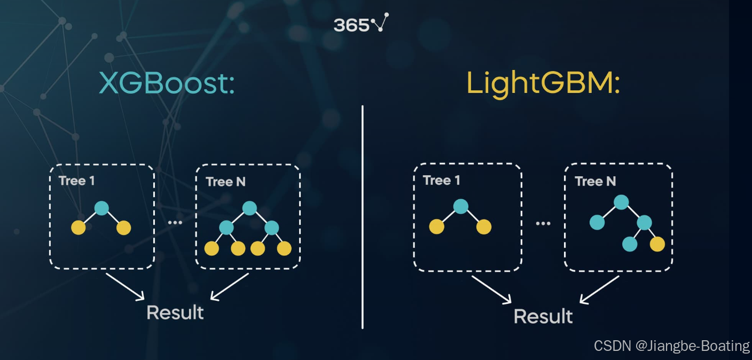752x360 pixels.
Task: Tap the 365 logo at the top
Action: pyautogui.click(x=361, y=24)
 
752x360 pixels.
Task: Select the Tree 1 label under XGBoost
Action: pyautogui.click(x=77, y=181)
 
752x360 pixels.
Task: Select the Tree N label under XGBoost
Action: pyautogui.click(x=225, y=182)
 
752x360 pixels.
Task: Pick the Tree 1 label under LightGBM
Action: pyautogui.click(x=441, y=181)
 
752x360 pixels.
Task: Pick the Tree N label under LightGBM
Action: pyautogui.click(x=595, y=182)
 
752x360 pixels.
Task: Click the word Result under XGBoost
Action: pyautogui.click(x=175, y=312)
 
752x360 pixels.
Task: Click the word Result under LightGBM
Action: pyautogui.click(x=543, y=316)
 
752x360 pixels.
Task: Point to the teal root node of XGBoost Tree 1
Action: pyautogui.click(x=101, y=208)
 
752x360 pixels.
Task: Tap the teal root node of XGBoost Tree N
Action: pyautogui.click(x=249, y=208)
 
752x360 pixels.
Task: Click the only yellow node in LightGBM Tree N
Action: pyautogui.click(x=657, y=244)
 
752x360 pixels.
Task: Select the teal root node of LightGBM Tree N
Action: pyautogui.click(x=621, y=202)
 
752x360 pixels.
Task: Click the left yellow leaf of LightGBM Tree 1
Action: pyautogui.click(x=436, y=226)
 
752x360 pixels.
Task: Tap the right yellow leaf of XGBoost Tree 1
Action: pyautogui.click(x=123, y=228)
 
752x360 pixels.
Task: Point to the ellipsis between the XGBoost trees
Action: pyautogui.click(x=175, y=222)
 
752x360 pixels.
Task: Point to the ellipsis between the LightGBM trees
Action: pyautogui.click(x=543, y=223)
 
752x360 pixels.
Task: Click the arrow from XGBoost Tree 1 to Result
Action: pyautogui.click(x=126, y=286)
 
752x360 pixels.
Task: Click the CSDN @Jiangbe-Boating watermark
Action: pyautogui.click(x=671, y=346)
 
